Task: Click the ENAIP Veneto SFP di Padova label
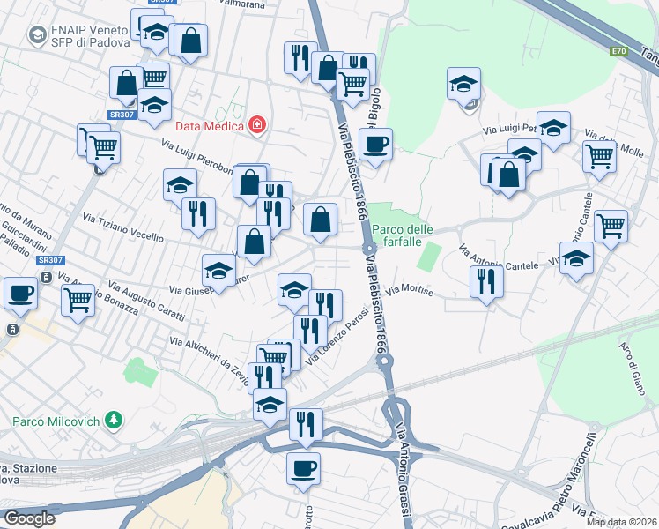click(91, 34)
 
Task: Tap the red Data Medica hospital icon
click(256, 125)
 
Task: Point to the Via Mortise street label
click(411, 290)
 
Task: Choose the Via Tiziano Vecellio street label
click(123, 227)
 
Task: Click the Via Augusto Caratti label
click(146, 302)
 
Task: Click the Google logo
click(28, 518)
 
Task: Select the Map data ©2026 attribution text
click(621, 522)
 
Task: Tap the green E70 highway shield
click(618, 52)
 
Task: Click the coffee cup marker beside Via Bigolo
click(375, 145)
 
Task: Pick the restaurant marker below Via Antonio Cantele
click(485, 281)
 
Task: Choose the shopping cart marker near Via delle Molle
click(599, 156)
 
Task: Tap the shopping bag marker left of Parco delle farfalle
click(321, 219)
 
